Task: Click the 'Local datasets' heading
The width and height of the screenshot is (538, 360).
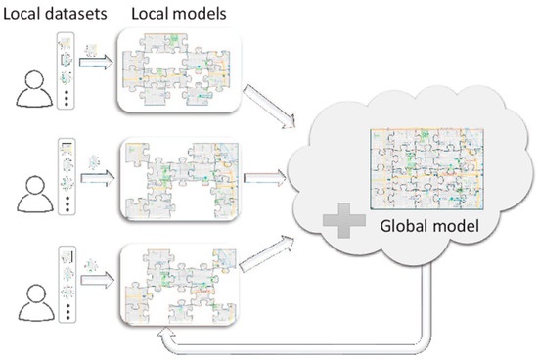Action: (49, 13)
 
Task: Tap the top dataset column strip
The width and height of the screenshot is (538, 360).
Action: (67, 71)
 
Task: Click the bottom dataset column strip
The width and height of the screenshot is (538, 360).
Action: (67, 284)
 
